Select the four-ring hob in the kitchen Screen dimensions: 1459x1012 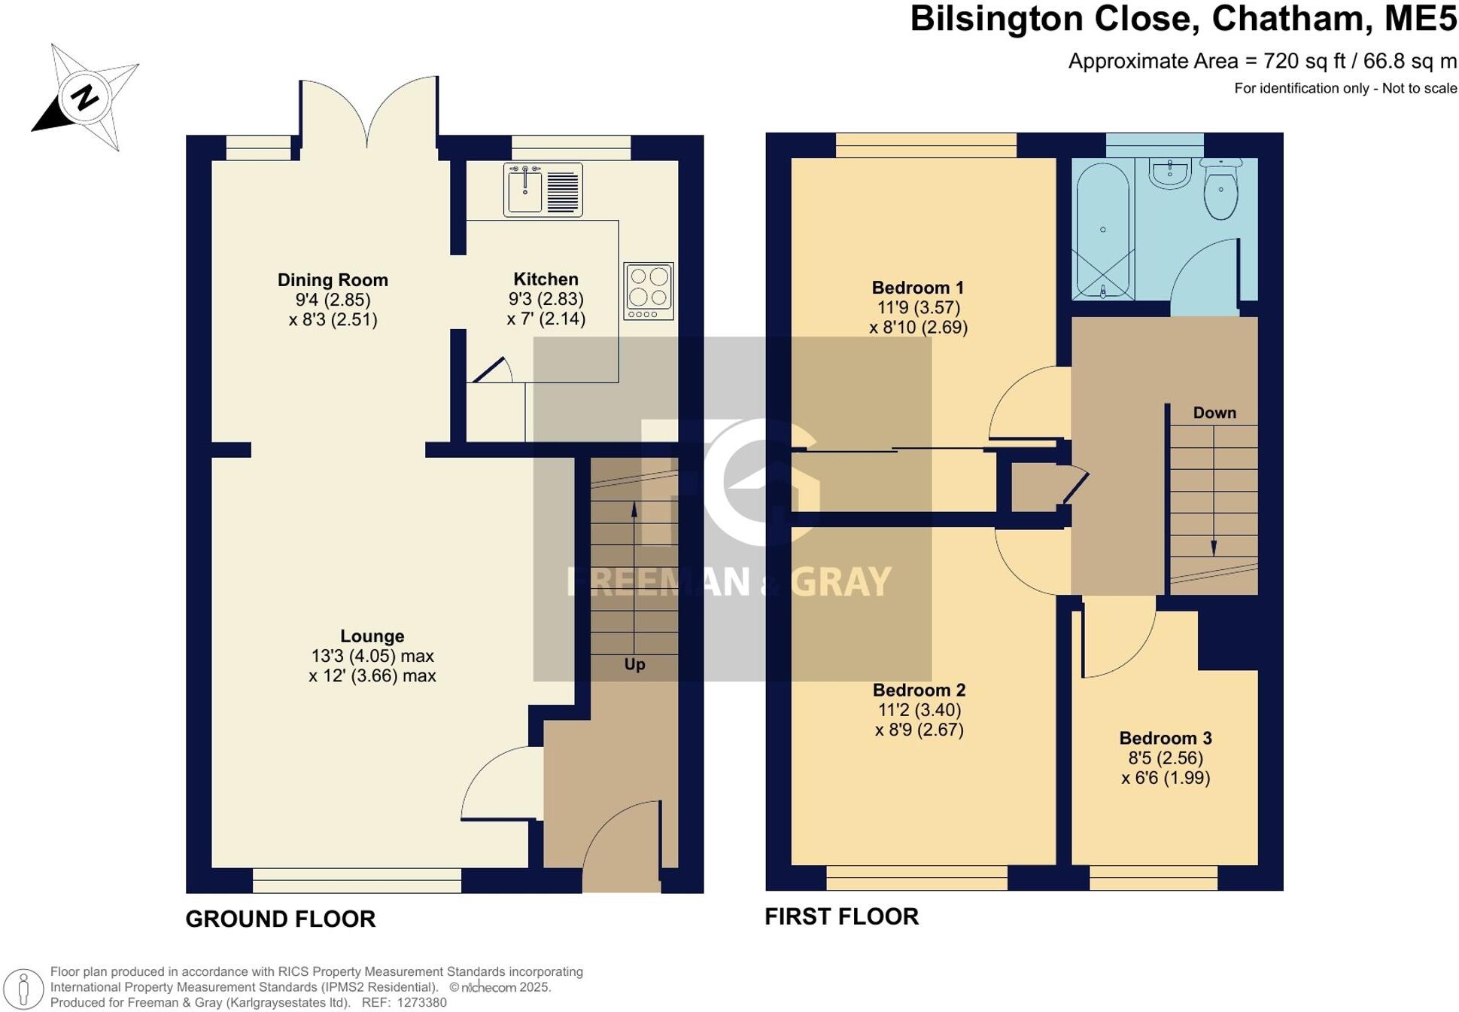pyautogui.click(x=648, y=291)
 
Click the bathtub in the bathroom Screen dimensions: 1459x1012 pyautogui.click(x=1102, y=230)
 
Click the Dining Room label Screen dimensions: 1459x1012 pyautogui.click(x=333, y=280)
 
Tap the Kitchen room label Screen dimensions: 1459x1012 pyautogui.click(x=546, y=279)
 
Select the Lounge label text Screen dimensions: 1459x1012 pyautogui.click(x=372, y=636)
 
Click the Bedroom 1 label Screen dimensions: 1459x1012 pyautogui.click(x=917, y=288)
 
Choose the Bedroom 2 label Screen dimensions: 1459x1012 pyautogui.click(x=919, y=690)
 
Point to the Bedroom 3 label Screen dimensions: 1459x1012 pyautogui.click(x=1165, y=739)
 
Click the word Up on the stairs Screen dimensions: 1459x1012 pyautogui.click(x=634, y=664)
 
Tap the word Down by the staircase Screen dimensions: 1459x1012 pyautogui.click(x=1214, y=413)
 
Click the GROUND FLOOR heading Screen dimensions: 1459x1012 pyautogui.click(x=280, y=919)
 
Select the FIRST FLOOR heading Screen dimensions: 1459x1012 pyautogui.click(x=841, y=917)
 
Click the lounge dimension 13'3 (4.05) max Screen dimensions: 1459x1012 pyautogui.click(x=372, y=656)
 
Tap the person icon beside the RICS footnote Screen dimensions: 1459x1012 pyautogui.click(x=24, y=987)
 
